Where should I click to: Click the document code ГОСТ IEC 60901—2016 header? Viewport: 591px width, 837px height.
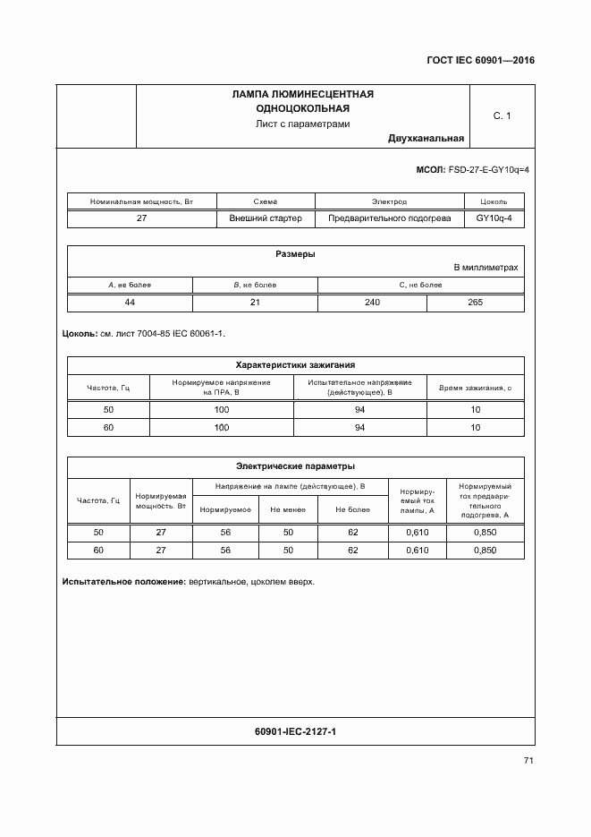[479, 62]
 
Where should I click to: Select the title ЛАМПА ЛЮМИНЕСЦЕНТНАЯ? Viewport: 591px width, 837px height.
[302, 94]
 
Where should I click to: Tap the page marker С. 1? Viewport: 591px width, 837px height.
[502, 115]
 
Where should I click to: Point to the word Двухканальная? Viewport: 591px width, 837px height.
[426, 139]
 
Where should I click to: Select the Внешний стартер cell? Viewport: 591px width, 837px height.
[266, 218]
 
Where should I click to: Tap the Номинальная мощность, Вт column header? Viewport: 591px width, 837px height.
[141, 202]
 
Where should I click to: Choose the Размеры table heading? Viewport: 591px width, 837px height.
[295, 254]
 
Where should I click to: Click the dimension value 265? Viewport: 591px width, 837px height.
[476, 303]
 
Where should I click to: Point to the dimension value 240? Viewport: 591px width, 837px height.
[372, 303]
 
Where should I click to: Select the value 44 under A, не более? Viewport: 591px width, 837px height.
[130, 303]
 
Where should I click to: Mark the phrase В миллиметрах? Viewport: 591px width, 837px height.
[485, 268]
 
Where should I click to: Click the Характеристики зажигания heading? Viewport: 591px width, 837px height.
[295, 365]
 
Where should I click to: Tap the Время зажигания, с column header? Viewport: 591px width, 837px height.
[476, 388]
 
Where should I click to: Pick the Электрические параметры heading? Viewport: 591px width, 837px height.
[295, 466]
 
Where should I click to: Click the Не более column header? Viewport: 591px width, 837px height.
[352, 509]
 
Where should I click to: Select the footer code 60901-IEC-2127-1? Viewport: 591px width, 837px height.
[295, 732]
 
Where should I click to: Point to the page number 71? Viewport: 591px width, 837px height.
[528, 761]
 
